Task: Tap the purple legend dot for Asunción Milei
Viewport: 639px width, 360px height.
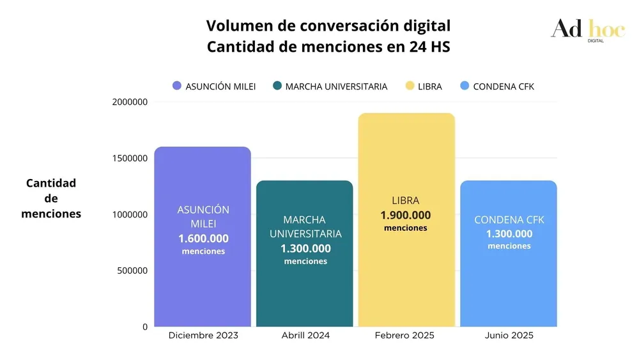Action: (x=177, y=86)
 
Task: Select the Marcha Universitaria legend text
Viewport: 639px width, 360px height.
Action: (x=336, y=86)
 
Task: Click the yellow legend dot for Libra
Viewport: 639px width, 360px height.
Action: (x=410, y=86)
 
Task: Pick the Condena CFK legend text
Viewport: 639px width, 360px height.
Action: (x=504, y=86)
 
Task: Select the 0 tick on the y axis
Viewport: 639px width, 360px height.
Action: (x=145, y=327)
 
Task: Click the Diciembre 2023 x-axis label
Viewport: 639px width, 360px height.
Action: (x=203, y=336)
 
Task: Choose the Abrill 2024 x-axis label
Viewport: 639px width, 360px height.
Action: (x=305, y=336)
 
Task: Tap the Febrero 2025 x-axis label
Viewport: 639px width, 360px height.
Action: (x=404, y=336)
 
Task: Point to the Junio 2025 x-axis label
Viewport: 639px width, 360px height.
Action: (x=509, y=336)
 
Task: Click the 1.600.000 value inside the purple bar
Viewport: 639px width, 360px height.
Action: (x=203, y=239)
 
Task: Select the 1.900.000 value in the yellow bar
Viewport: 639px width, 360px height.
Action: (x=406, y=215)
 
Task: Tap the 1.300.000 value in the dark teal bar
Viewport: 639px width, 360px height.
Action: (x=305, y=248)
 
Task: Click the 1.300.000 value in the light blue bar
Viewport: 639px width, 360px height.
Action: (x=509, y=233)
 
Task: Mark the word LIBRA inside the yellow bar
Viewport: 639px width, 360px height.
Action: (x=406, y=201)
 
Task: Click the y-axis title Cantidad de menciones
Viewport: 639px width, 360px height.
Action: (x=51, y=198)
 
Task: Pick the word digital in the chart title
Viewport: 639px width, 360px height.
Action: (x=422, y=26)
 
